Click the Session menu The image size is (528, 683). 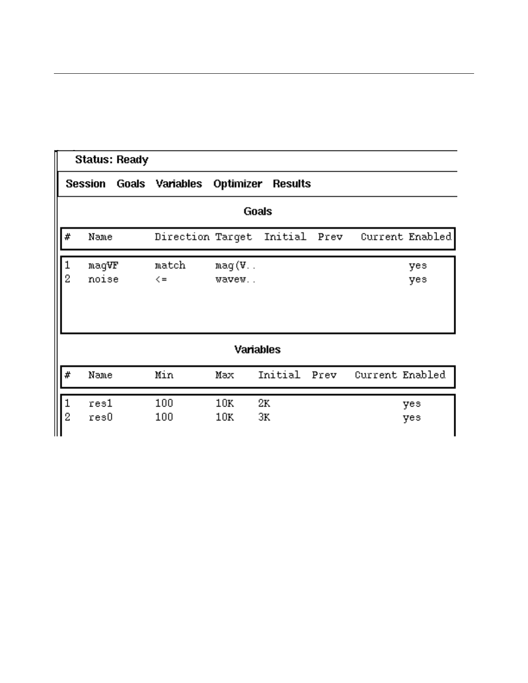point(85,184)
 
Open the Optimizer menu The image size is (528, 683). point(237,184)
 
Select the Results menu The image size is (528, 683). point(292,184)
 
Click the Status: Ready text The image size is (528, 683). point(111,160)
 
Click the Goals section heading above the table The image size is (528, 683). point(258,211)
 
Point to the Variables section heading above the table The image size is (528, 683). point(257,349)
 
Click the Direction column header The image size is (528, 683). point(182,237)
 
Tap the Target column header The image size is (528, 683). point(233,237)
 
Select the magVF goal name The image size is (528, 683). point(103,265)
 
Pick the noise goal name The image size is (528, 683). point(103,279)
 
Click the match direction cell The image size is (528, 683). point(170,265)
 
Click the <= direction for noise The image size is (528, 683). point(161,279)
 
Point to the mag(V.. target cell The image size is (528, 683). point(235,265)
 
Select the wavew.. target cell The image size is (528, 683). point(235,279)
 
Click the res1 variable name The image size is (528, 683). point(101,404)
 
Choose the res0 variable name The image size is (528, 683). point(101,417)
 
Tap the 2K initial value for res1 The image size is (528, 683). point(264,404)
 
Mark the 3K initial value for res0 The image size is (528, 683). point(264,417)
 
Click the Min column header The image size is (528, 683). point(164,375)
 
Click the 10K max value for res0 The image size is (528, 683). point(224,417)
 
